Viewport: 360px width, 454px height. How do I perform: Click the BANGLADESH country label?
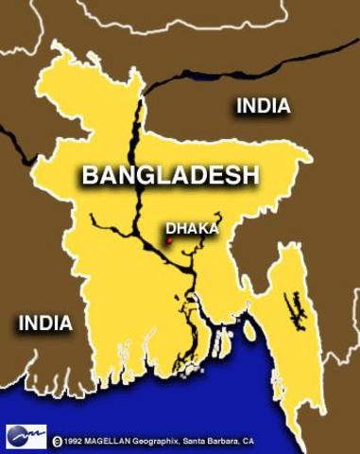[x=170, y=175]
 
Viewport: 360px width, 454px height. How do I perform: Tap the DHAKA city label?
[x=192, y=228]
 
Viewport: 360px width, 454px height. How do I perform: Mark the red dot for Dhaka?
[x=168, y=241]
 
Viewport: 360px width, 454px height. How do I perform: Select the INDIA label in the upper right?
[x=263, y=106]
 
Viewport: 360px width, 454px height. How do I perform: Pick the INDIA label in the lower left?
[x=45, y=323]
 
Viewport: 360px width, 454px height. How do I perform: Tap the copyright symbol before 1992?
[x=59, y=441]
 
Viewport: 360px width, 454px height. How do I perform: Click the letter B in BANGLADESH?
[x=91, y=175]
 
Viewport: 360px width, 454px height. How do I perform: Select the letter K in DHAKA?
[x=203, y=228]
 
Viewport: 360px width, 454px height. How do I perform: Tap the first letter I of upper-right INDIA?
[x=239, y=106]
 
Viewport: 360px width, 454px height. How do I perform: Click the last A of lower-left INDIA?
[x=65, y=323]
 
